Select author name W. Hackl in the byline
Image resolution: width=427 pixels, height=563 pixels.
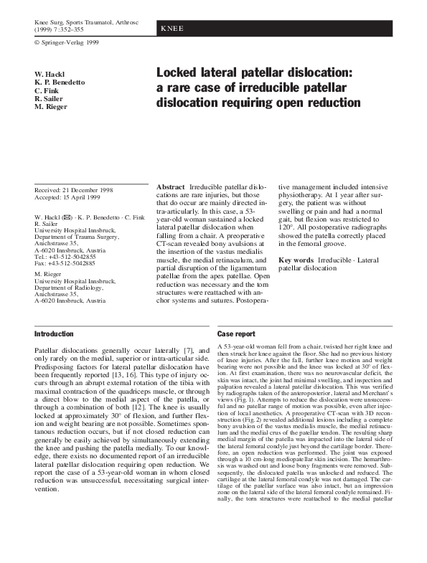pos(50,75)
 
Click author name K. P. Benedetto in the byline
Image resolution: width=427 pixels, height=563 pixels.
pos(60,82)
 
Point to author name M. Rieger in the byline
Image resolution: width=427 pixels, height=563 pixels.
pos(51,107)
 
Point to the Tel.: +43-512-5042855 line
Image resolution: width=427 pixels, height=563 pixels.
pos(65,256)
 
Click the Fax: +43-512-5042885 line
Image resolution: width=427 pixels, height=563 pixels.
pos(65,264)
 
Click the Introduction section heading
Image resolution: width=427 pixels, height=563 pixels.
pos(55,334)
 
